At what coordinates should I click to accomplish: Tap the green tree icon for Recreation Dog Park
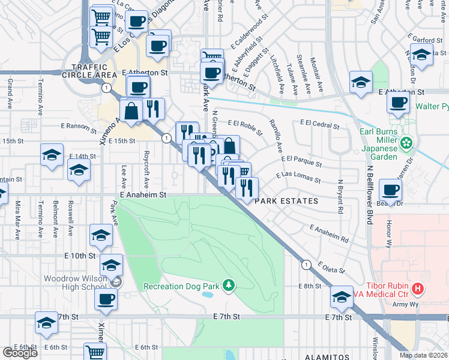pos(228,286)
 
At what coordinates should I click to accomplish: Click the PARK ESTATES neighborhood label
pos(286,201)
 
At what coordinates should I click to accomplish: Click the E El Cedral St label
pos(319,127)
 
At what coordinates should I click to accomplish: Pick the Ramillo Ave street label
pos(277,134)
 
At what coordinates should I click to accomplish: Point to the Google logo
pos(20,353)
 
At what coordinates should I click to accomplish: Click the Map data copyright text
pos(423,355)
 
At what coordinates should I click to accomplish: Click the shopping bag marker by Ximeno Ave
pos(131,110)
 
